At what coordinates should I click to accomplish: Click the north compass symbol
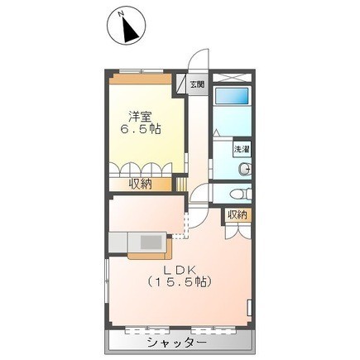pyautogui.click(x=127, y=27)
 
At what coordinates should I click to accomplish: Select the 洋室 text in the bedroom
pyautogui.click(x=139, y=116)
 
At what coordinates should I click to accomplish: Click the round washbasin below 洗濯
pyautogui.click(x=243, y=170)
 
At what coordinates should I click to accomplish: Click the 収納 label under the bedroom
pyautogui.click(x=140, y=183)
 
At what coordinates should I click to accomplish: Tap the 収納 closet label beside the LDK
pyautogui.click(x=238, y=215)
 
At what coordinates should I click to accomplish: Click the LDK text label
pyautogui.click(x=178, y=269)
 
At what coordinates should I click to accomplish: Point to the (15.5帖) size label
pyautogui.click(x=179, y=283)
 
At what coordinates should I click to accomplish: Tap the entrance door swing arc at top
pyautogui.click(x=195, y=61)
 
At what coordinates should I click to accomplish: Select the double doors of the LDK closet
pyautogui.click(x=238, y=230)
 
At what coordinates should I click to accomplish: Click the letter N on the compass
pyautogui.click(x=120, y=14)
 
